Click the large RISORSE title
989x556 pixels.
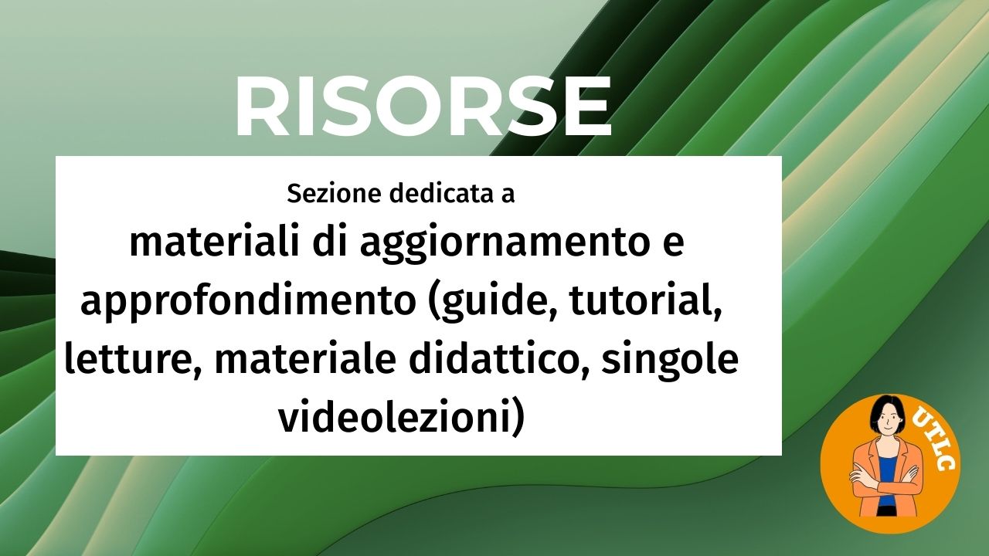pos(423,108)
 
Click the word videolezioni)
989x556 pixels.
pos(401,418)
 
